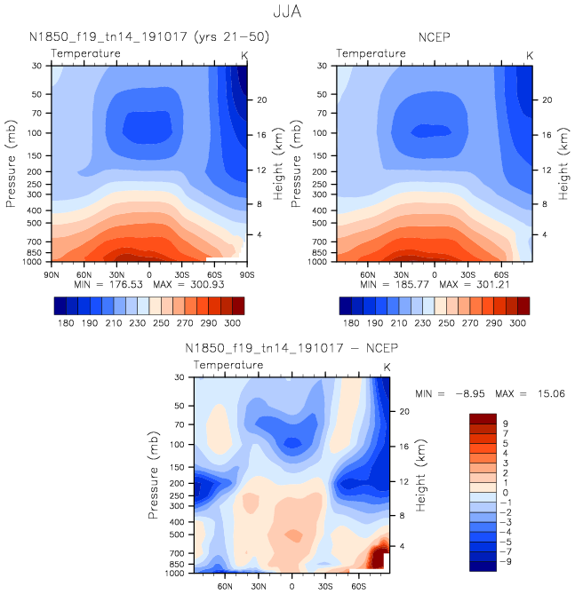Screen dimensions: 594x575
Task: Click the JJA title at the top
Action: click(x=288, y=14)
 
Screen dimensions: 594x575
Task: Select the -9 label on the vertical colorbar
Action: click(x=506, y=562)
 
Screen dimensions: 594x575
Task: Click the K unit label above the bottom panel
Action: click(x=387, y=368)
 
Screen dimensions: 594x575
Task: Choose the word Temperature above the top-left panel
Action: click(x=85, y=54)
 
